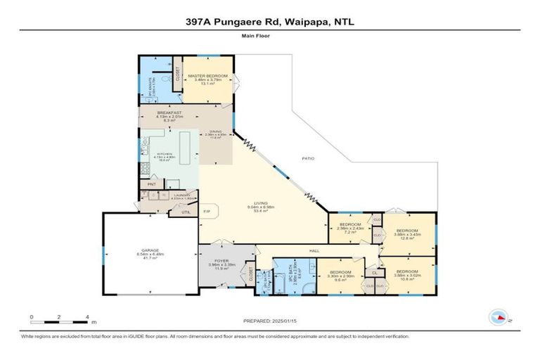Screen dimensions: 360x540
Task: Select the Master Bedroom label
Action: pos(208,75)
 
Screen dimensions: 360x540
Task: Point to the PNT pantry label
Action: pos(151,185)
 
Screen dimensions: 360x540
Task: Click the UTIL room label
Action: pos(186,212)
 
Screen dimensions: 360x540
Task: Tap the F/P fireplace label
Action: pos(207,212)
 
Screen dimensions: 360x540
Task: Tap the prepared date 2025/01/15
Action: pos(270,320)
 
